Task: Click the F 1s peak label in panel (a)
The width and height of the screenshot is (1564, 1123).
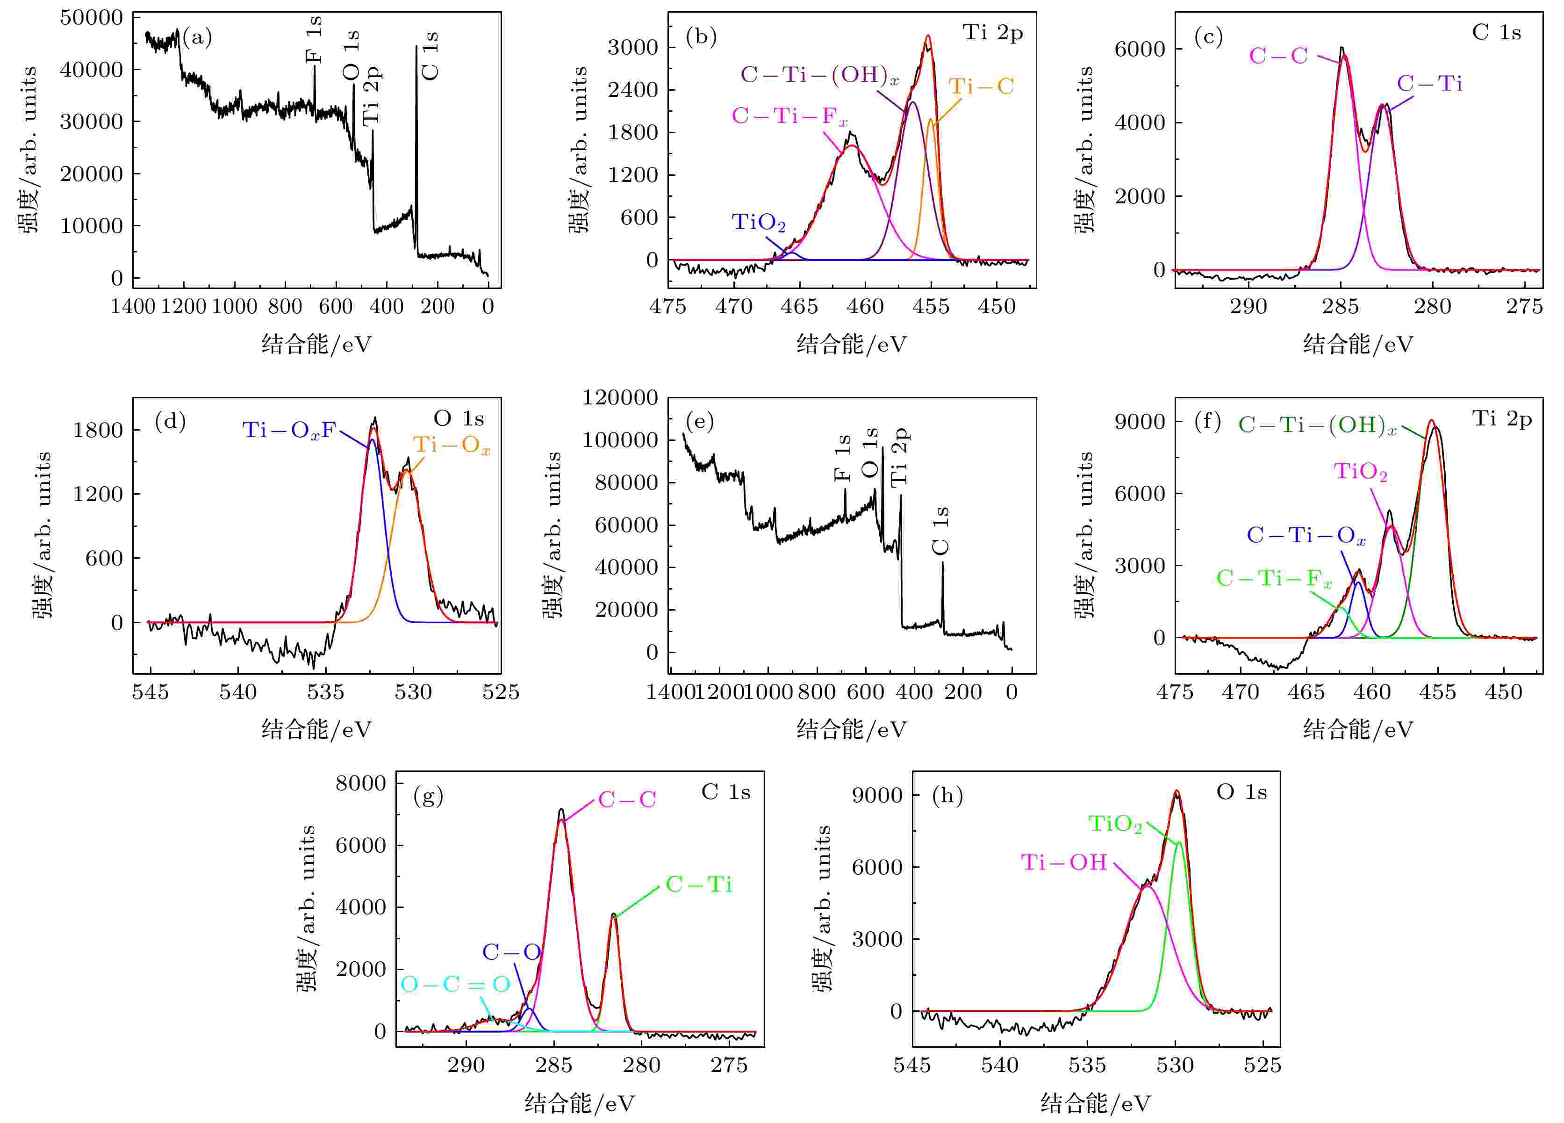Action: (x=314, y=40)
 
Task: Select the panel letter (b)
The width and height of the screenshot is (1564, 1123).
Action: (x=701, y=36)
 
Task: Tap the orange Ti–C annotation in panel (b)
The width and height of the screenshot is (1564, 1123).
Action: (x=981, y=86)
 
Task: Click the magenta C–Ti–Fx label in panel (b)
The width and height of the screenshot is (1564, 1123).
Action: (x=789, y=116)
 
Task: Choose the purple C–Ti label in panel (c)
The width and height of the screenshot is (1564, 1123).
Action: (x=1429, y=84)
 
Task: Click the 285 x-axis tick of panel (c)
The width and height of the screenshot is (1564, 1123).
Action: (x=1340, y=306)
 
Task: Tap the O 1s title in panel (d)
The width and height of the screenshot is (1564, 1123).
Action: (x=459, y=418)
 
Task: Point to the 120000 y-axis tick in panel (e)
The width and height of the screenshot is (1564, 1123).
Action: (x=619, y=397)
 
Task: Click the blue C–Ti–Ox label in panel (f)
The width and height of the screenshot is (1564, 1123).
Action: (x=1306, y=535)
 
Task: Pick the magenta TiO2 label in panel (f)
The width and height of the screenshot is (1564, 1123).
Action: (x=1360, y=471)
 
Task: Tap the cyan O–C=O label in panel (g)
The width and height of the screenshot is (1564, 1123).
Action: (x=455, y=984)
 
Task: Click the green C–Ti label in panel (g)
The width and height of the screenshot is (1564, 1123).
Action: (x=698, y=885)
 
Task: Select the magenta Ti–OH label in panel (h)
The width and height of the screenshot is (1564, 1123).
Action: (x=1063, y=862)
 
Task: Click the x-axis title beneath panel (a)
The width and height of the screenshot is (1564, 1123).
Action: (x=316, y=344)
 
